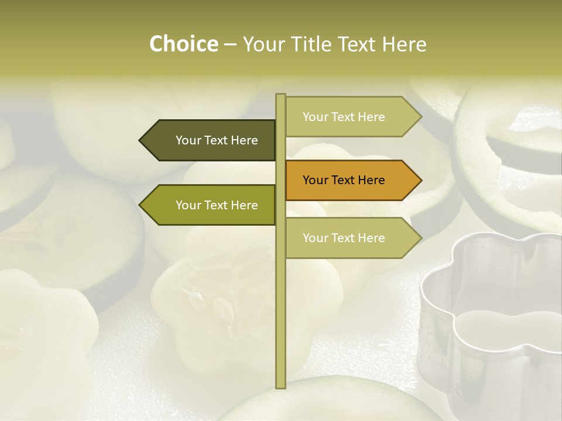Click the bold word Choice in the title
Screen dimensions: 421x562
[183, 44]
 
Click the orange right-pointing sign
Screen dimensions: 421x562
[348, 180]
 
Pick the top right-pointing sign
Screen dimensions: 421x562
[348, 117]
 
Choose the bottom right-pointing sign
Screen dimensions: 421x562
[348, 238]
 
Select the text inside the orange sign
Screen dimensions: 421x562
[344, 180]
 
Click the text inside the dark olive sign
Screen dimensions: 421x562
[217, 140]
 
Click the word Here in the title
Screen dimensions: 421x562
[405, 44]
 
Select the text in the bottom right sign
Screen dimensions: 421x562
[344, 238]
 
